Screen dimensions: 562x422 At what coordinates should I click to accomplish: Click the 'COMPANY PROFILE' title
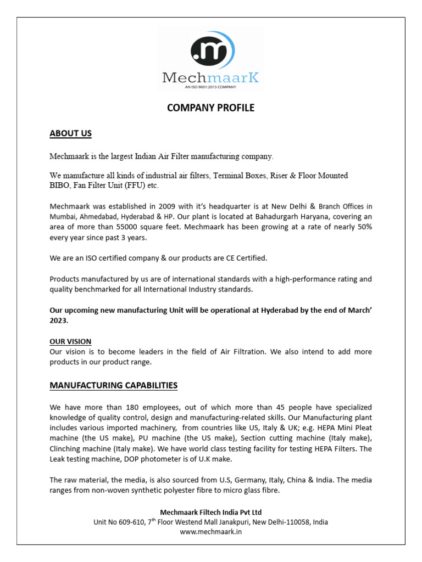(211, 108)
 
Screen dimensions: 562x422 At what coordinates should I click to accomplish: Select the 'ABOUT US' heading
(70, 133)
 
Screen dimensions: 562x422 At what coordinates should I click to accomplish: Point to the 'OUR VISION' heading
(70, 341)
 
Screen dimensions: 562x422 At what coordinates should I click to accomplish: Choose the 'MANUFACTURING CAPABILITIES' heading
(114, 385)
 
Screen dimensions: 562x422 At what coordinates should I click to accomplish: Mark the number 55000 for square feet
(131, 227)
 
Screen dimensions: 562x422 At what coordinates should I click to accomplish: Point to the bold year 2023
(59, 320)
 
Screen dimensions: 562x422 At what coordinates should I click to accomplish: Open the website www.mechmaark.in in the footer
(211, 531)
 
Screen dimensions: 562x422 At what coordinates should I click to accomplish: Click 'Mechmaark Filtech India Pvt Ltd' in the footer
(211, 512)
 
